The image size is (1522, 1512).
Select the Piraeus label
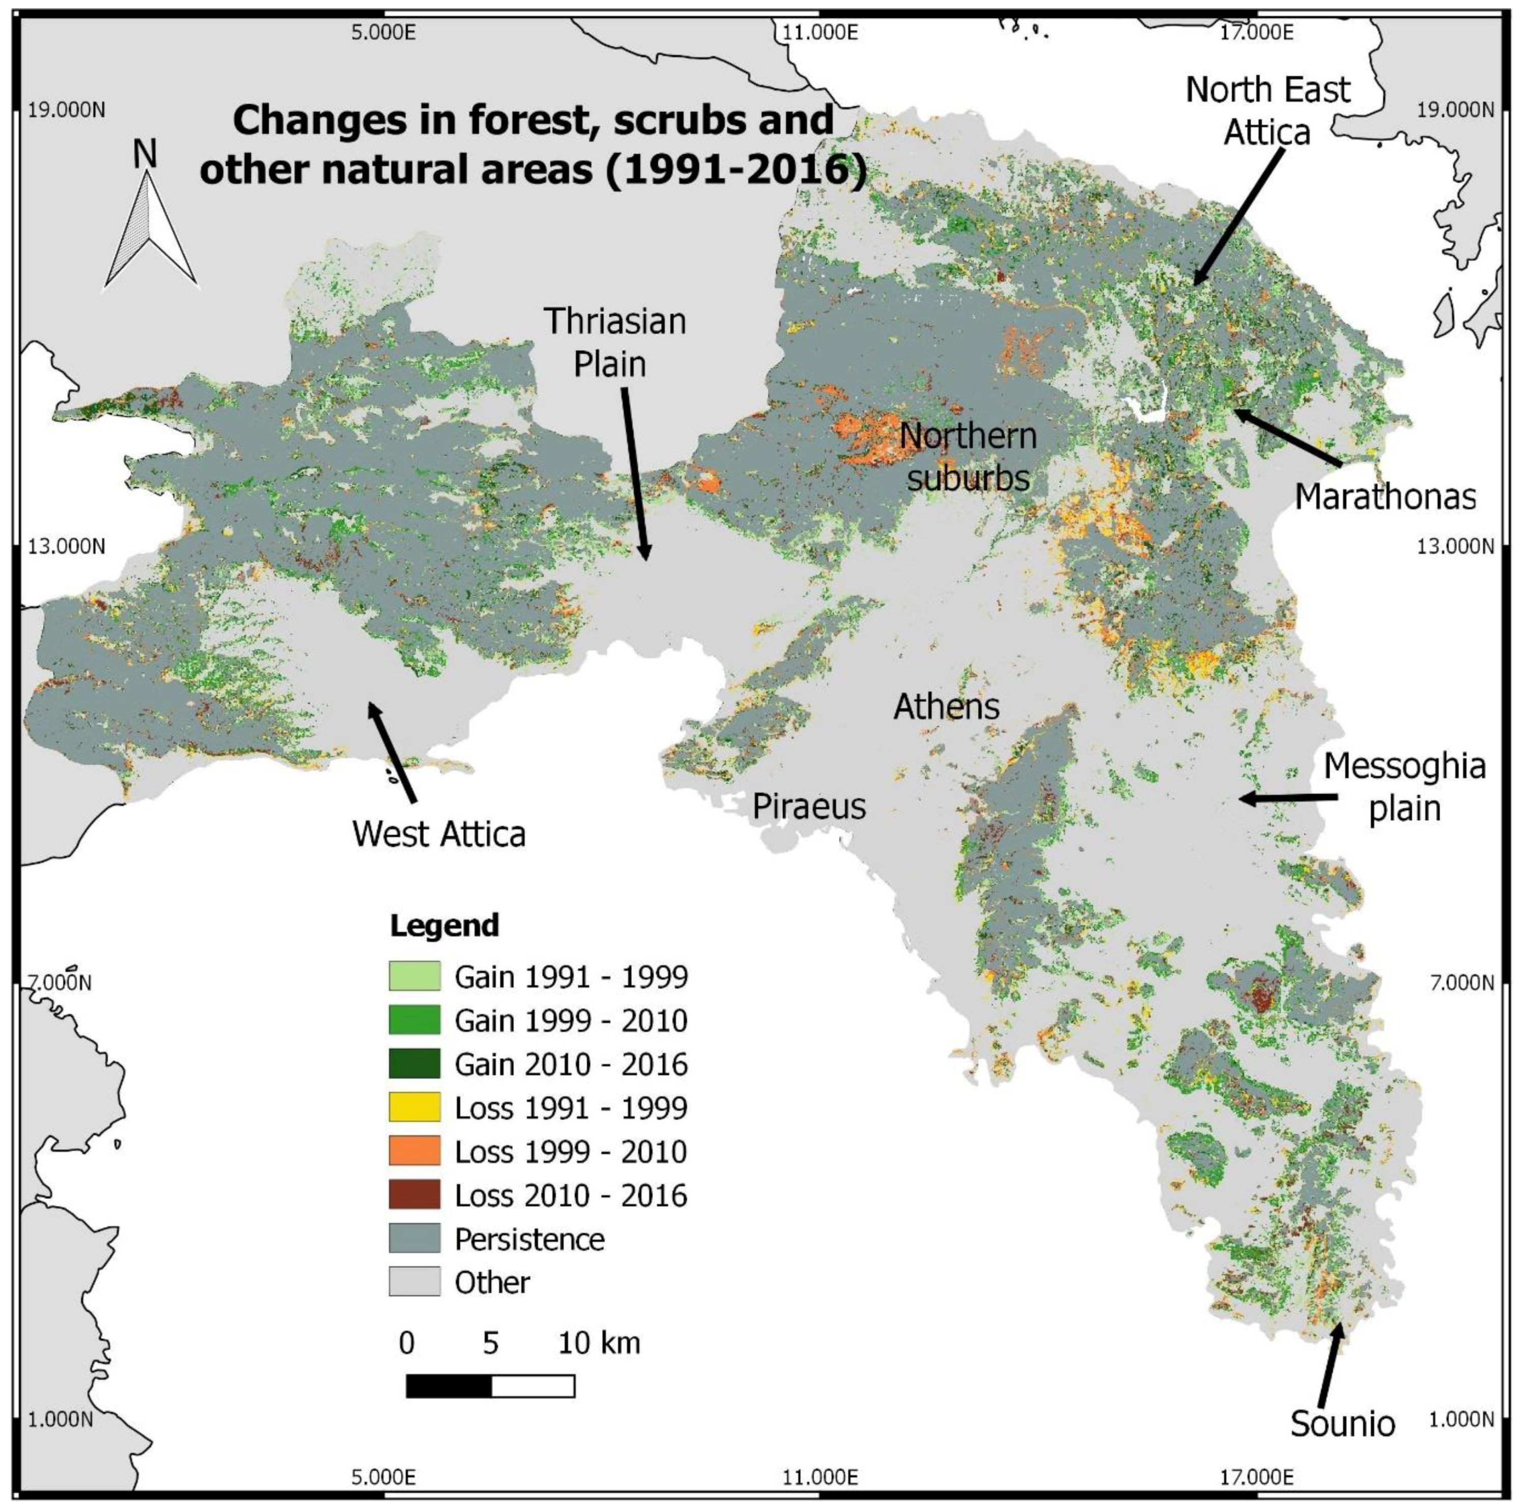click(x=809, y=806)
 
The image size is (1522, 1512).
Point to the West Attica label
click(x=439, y=834)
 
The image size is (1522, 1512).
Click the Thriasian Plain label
click(x=614, y=342)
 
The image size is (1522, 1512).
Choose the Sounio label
click(x=1342, y=1424)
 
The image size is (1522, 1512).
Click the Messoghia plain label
click(x=1404, y=788)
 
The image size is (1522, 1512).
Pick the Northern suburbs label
click(x=968, y=457)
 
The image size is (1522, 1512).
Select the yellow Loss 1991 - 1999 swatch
click(x=414, y=1108)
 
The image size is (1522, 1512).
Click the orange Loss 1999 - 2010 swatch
click(x=414, y=1151)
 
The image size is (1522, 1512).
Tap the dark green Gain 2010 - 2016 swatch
click(x=414, y=1064)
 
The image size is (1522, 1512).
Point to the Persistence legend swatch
click(x=414, y=1239)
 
